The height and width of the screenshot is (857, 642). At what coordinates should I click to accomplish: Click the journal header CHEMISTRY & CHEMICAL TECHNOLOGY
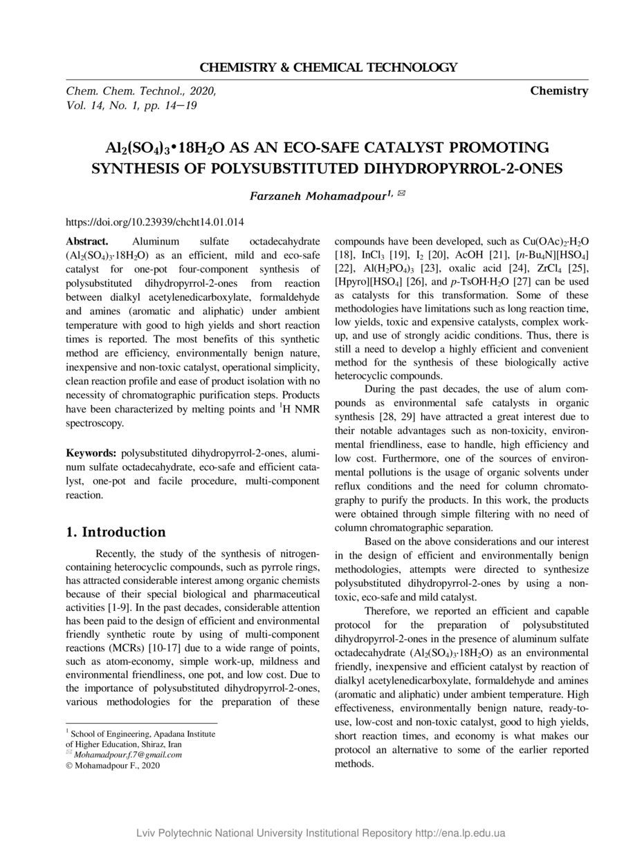click(329, 68)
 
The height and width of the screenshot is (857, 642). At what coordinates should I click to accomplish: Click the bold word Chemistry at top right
click(559, 91)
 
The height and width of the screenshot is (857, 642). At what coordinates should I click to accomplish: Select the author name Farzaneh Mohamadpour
click(317, 196)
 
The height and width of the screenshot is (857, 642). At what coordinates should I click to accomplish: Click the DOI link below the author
click(155, 223)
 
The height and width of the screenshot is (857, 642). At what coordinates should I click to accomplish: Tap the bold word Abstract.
click(87, 242)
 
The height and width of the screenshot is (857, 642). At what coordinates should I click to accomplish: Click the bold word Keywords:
click(91, 453)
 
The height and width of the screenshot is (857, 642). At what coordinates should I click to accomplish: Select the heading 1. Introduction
click(116, 532)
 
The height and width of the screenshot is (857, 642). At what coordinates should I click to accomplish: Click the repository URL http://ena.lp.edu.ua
click(459, 833)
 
